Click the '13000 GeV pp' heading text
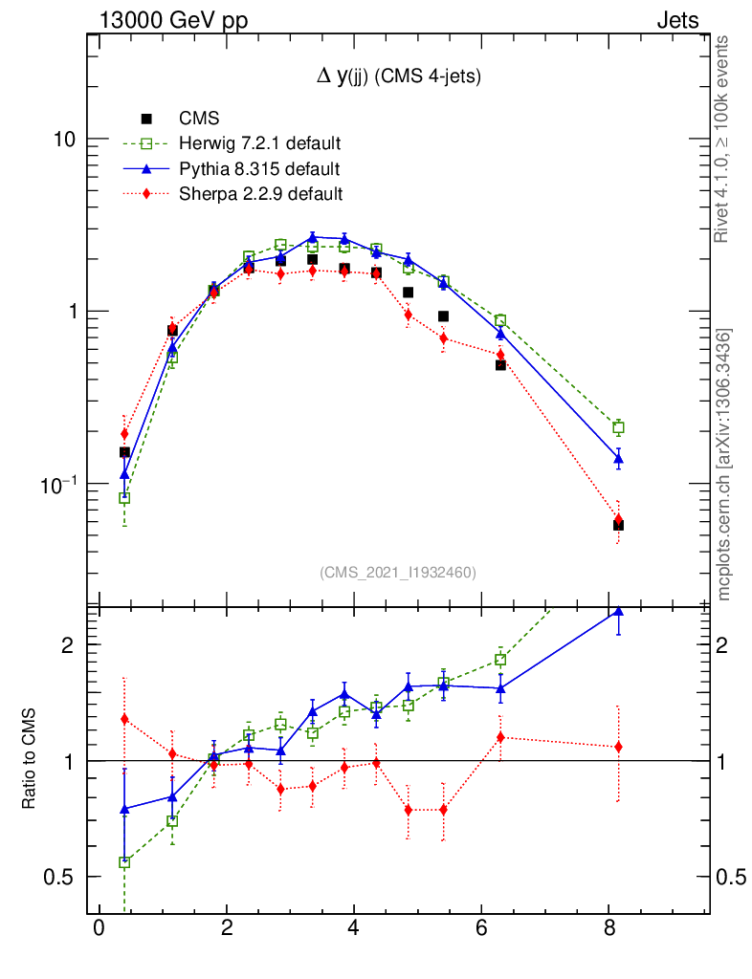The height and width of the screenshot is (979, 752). (173, 21)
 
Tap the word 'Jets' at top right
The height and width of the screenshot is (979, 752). (677, 21)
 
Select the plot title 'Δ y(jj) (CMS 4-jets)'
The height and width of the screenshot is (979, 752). (399, 77)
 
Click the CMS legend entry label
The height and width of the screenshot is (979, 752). (199, 120)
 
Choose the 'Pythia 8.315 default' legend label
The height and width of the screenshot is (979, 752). (259, 169)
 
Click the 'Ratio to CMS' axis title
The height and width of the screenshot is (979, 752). (30, 761)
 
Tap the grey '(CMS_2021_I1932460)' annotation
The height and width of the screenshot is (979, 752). (398, 572)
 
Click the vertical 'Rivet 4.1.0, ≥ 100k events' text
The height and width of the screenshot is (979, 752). (723, 140)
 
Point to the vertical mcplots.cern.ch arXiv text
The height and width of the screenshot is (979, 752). (724, 465)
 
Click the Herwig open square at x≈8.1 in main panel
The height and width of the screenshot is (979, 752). (618, 427)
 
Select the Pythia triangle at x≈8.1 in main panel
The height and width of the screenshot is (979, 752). (618, 459)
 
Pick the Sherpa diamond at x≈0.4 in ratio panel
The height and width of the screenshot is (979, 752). (124, 719)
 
